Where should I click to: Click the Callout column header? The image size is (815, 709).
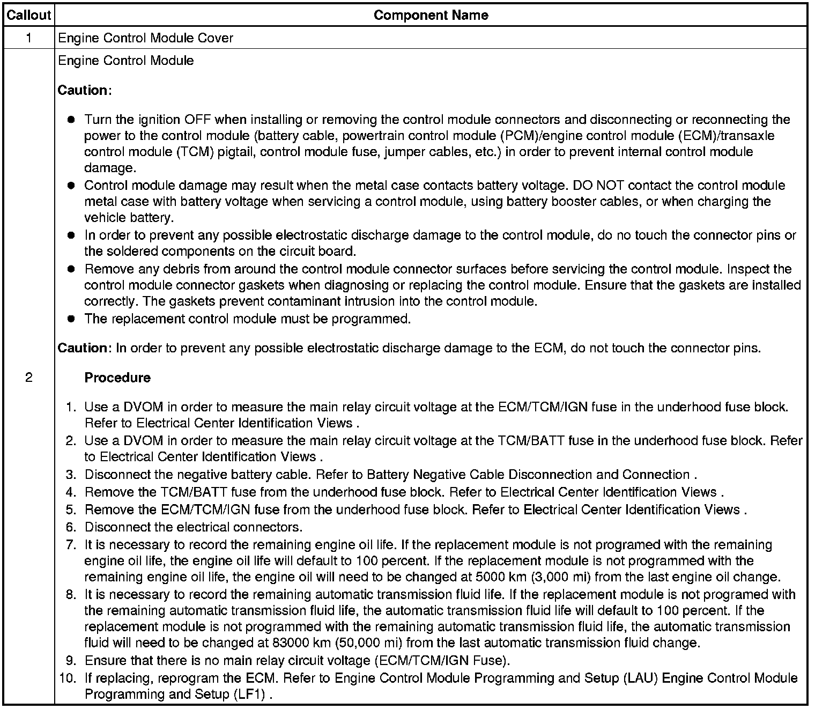(x=28, y=16)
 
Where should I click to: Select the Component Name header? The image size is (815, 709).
(x=431, y=16)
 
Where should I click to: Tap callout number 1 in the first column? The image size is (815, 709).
(x=28, y=38)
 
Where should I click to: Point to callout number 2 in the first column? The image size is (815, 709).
(x=28, y=378)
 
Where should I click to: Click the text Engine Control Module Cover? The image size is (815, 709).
(x=145, y=38)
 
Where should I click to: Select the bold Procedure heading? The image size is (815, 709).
(x=117, y=378)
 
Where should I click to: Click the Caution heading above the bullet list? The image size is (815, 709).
(x=83, y=90)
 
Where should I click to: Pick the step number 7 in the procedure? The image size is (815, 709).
(x=71, y=545)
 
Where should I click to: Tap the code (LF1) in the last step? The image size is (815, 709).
(x=249, y=694)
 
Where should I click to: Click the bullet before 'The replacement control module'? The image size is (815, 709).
(x=71, y=319)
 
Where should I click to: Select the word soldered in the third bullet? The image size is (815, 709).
(x=134, y=251)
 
